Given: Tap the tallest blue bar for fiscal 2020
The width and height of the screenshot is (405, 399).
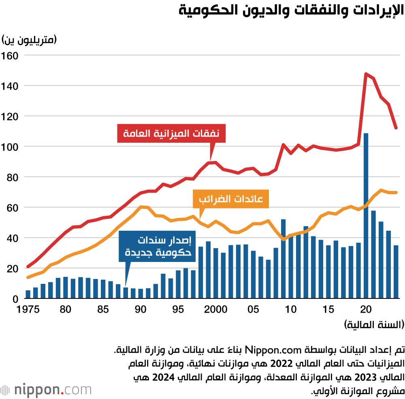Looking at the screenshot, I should pos(366,215).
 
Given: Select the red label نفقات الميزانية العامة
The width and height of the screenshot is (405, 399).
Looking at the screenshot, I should pos(171,133).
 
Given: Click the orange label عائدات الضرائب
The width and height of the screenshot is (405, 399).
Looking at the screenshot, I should pos(230,199).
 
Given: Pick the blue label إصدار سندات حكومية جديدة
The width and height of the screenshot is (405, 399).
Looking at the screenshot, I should pos(158,246).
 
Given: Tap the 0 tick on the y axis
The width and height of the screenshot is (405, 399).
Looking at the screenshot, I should pos(15,299).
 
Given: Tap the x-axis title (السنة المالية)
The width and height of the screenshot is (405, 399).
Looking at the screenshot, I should pos(374,325).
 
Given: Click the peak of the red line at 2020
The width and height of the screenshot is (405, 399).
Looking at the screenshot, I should pos(366,74).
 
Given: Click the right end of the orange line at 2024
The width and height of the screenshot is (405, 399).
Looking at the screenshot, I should pos(396,192).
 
